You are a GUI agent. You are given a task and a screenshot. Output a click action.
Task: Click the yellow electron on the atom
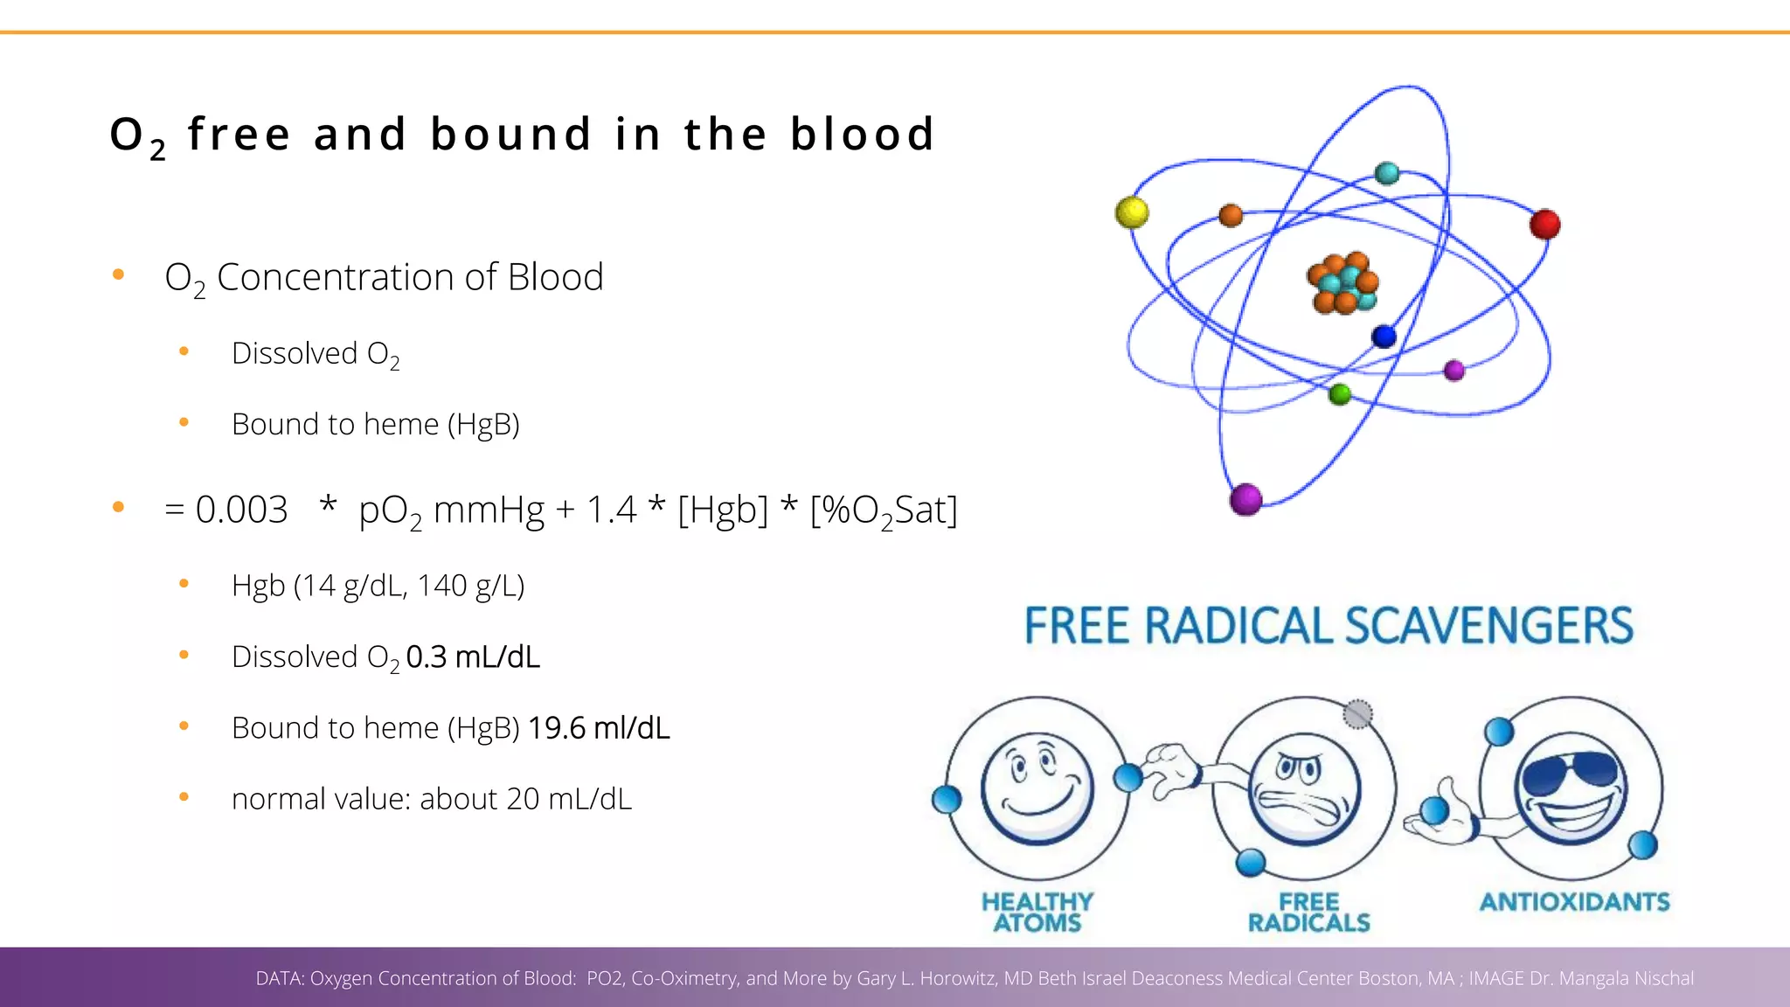[1132, 212]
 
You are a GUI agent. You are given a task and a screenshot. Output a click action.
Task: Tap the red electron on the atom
[1544, 225]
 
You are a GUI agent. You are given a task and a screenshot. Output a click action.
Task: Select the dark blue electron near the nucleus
[1384, 337]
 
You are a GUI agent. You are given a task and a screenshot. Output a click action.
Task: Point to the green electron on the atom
[1339, 394]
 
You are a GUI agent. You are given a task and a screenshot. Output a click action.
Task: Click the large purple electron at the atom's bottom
[1245, 499]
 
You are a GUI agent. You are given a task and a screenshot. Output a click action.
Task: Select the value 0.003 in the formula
[241, 510]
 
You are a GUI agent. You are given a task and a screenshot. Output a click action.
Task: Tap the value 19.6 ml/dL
[599, 728]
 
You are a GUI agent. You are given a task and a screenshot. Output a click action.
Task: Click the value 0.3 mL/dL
[473, 656]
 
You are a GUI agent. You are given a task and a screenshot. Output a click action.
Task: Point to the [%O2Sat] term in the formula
[883, 510]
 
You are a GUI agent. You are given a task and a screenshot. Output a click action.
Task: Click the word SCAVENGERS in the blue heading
[1488, 626]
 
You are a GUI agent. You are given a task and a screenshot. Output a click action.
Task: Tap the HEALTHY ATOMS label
[1037, 912]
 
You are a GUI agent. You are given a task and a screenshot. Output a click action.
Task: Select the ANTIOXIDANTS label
[1574, 901]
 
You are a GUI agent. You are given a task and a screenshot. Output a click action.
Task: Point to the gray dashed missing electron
[1357, 714]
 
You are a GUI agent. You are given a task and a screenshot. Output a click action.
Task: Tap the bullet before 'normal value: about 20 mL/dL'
[184, 797]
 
